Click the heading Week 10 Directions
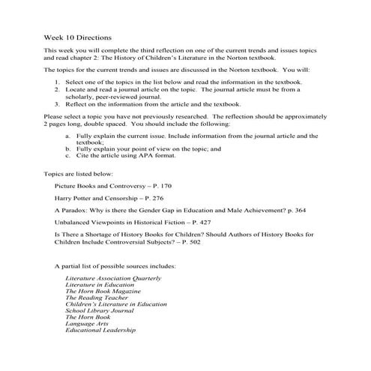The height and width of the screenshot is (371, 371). (78, 36)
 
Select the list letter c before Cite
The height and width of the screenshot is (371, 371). (68, 156)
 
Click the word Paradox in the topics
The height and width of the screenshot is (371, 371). (73, 212)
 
